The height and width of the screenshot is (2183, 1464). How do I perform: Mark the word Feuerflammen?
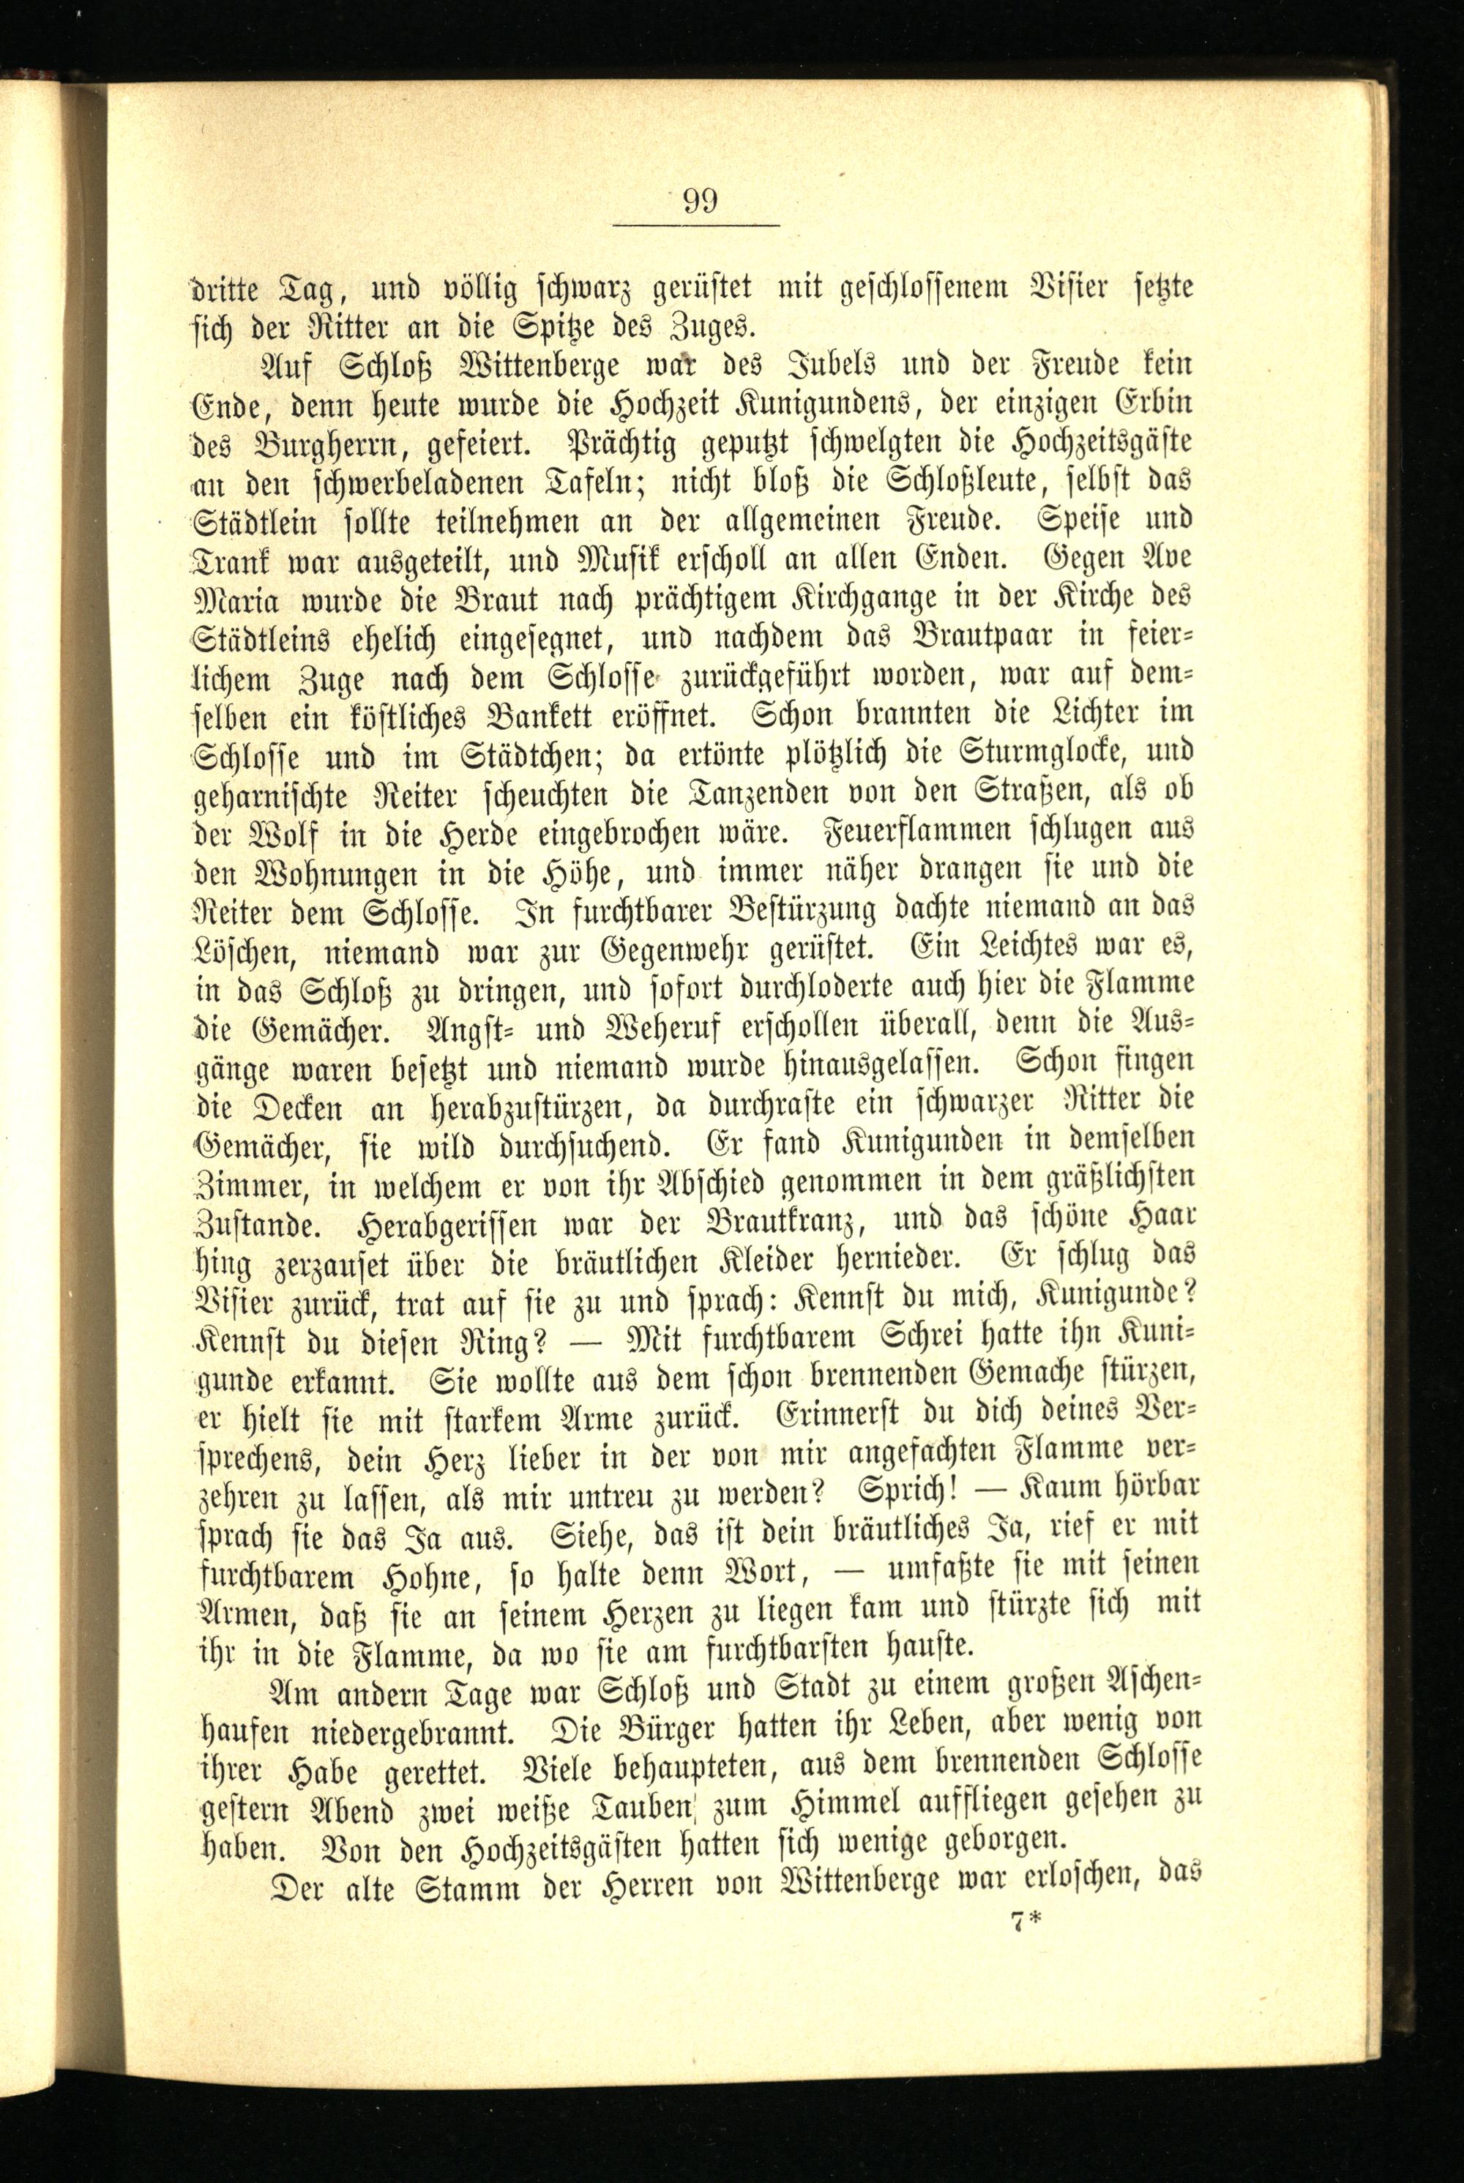tap(934, 830)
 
